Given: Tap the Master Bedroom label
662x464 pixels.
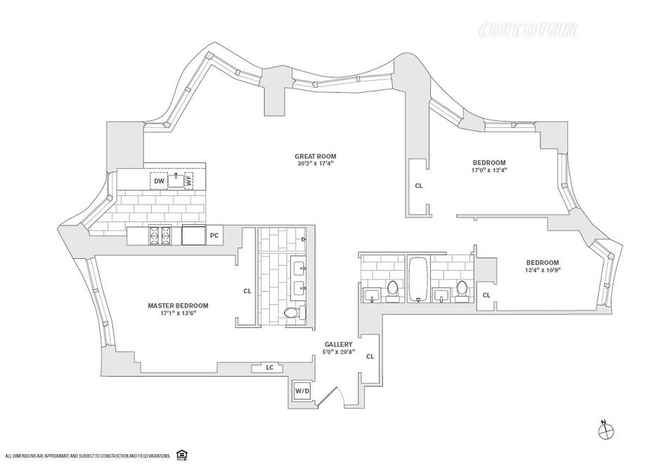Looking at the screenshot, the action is tap(179, 305).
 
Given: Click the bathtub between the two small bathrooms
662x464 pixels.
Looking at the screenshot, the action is tap(417, 280).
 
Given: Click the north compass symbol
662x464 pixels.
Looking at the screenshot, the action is tap(604, 429).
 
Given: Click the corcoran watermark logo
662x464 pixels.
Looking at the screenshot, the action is tap(528, 30).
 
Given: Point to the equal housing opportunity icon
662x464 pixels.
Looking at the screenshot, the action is tap(183, 455).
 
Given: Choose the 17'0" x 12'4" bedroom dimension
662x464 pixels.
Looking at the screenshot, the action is tap(489, 169).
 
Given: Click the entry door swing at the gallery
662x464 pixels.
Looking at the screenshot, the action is tap(339, 397).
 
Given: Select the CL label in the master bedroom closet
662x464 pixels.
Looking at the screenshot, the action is tap(247, 290).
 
